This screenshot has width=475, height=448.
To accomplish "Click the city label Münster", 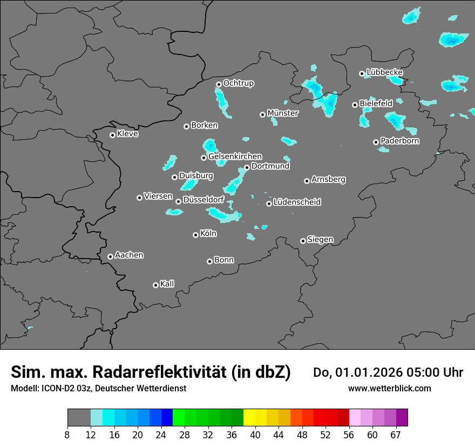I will tap(283, 113).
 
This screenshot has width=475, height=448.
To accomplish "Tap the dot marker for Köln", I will tap(195, 235).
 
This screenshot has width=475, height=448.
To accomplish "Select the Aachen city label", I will tap(129, 255).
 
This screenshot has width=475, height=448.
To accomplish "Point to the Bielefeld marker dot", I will tap(355, 105).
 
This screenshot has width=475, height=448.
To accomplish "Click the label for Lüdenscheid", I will tap(297, 202).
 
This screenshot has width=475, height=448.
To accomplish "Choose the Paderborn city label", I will tap(399, 141).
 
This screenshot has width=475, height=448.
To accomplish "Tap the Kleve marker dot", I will tap(112, 135).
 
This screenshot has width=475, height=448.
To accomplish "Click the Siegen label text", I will tap(320, 240).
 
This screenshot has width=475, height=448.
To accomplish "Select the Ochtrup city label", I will tap(238, 83).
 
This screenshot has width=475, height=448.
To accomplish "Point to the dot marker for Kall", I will tap(155, 285).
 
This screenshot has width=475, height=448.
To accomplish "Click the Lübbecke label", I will tap(384, 72).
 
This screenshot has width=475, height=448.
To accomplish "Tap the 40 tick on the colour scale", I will tap(255, 435).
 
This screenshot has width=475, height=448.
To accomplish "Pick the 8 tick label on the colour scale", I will tap(67, 435).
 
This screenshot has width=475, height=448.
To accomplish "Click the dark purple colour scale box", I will tap(402, 418).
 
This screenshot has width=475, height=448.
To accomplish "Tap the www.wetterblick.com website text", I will tap(389, 388).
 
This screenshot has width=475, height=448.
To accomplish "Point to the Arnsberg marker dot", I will tap(307, 181).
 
